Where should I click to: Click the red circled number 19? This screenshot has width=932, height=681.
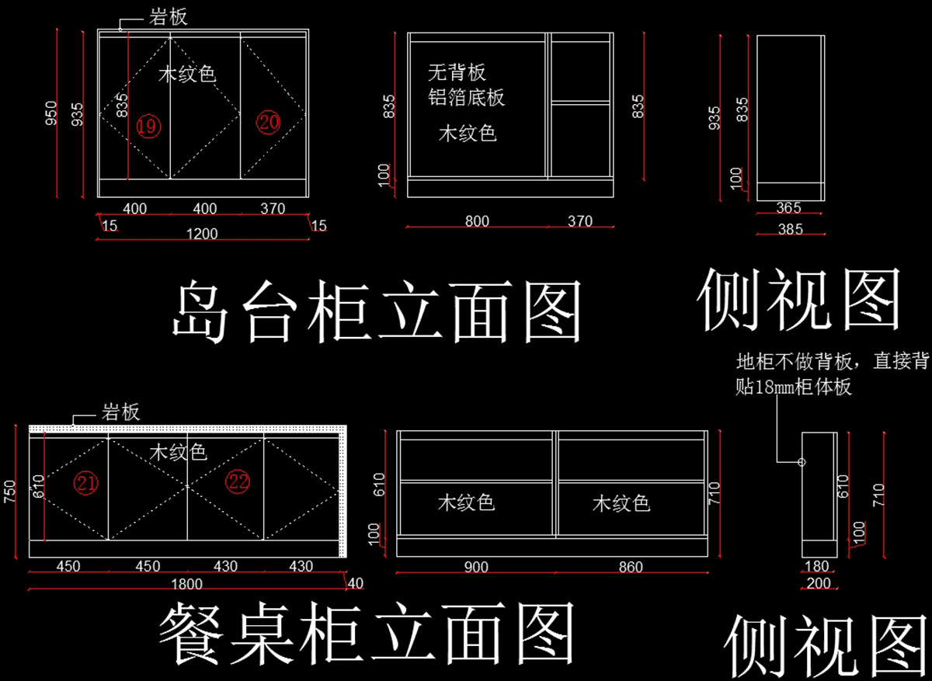click(x=148, y=126)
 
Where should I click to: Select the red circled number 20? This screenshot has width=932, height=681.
click(x=269, y=122)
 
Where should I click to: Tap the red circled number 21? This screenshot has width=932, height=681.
click(x=86, y=483)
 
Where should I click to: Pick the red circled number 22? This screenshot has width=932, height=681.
click(x=238, y=481)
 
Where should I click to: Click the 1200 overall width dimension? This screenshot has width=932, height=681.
click(x=202, y=234)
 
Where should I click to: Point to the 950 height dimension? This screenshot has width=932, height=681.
click(x=51, y=113)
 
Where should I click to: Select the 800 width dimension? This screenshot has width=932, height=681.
click(x=477, y=221)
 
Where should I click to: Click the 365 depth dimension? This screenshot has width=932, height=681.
click(x=788, y=207)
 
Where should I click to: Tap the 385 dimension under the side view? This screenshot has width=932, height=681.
click(x=791, y=229)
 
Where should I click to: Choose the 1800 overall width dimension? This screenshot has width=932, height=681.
click(x=187, y=585)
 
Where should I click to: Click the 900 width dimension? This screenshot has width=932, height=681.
click(x=476, y=567)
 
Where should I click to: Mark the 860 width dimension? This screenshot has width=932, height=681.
click(x=631, y=567)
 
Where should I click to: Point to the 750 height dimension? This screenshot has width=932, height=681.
click(x=9, y=492)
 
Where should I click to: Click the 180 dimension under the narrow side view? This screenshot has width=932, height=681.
click(x=817, y=566)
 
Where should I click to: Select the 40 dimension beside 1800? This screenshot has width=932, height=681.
click(x=356, y=583)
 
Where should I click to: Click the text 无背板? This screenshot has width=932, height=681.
click(x=457, y=72)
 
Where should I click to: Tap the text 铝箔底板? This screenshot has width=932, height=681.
click(x=467, y=97)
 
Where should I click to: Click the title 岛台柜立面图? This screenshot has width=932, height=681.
click(x=377, y=311)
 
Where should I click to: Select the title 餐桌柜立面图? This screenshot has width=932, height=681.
click(x=367, y=634)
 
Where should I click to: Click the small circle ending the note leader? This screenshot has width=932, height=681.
click(x=802, y=462)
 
